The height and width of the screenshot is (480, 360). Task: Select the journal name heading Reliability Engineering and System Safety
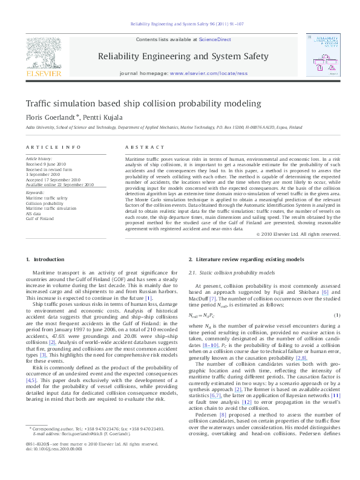click(x=183, y=56)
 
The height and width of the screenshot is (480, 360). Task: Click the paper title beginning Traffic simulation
click(x=134, y=104)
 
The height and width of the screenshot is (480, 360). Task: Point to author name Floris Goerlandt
click(x=50, y=116)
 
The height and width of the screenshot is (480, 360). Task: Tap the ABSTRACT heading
click(x=136, y=148)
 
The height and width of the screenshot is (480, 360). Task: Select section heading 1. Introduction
click(x=45, y=259)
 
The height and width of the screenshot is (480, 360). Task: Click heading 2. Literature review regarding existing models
click(x=246, y=259)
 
